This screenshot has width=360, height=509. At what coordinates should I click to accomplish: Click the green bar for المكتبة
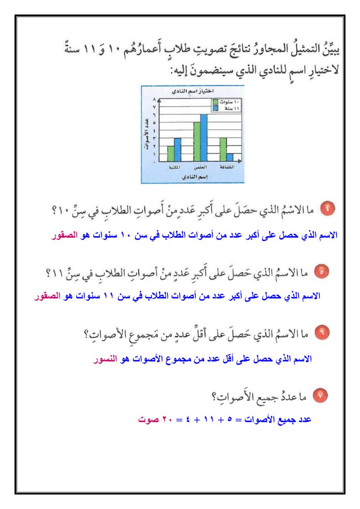(171, 153)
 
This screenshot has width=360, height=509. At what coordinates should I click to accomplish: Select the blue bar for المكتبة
(177, 149)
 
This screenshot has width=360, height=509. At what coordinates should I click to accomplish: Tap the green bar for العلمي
(197, 141)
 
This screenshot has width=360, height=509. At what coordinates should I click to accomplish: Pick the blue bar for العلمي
(204, 137)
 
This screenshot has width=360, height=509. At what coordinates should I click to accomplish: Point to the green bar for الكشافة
(223, 149)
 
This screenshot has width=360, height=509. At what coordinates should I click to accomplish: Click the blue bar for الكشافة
(230, 157)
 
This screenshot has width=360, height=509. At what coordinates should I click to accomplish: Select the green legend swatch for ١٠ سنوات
(216, 103)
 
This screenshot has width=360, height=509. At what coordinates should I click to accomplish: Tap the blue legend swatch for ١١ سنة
(216, 108)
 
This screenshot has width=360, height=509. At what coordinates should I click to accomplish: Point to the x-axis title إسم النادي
(192, 177)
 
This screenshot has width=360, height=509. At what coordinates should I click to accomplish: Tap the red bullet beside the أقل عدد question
(323, 333)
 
